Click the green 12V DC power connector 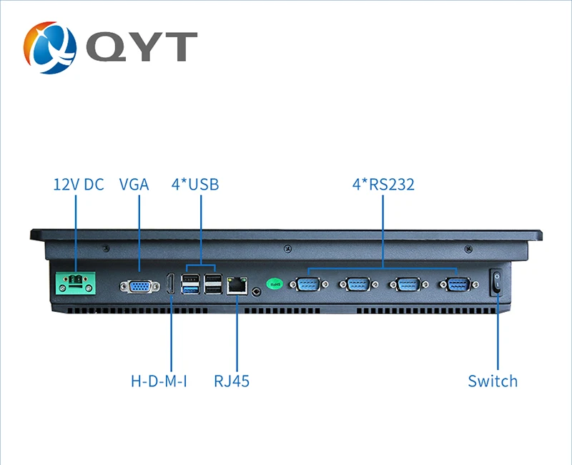coord(76,283)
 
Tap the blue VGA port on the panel coord(139,287)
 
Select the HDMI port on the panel coord(170,283)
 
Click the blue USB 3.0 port coord(190,290)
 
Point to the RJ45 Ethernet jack coord(237,285)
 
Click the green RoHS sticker coord(275,283)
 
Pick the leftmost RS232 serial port coord(309,284)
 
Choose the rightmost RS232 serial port coord(459,284)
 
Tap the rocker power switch coord(496,282)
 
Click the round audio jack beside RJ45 coord(257,292)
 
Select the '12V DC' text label coord(79,185)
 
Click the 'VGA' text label coord(134,185)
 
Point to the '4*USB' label coord(195,185)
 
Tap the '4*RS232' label coord(383,185)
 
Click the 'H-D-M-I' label coord(159,381)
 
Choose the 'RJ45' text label coord(232,381)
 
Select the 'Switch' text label coord(493,381)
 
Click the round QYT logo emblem coord(50,47)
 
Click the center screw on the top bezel coord(287,248)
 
